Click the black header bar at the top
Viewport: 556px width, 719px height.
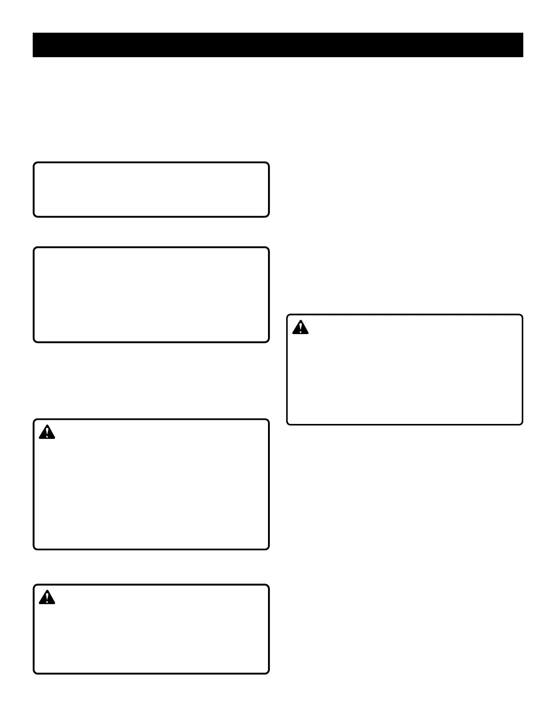[x=278, y=45]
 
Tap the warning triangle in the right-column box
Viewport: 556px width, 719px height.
[x=300, y=327]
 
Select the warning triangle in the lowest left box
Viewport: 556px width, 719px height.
[x=47, y=598]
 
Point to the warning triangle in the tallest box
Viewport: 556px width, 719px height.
[x=47, y=433]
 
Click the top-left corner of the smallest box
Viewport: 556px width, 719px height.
[x=34, y=163]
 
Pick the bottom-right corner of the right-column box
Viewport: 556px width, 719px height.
[x=522, y=424]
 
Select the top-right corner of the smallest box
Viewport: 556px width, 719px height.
[x=268, y=163]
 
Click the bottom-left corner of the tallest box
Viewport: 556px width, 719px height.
[x=34, y=549]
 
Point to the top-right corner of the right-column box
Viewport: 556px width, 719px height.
[x=522, y=315]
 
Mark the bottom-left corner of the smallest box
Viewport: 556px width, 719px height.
[x=34, y=216]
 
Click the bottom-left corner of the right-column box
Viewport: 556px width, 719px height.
[x=288, y=424]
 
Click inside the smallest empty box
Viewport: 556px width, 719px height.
[x=151, y=190]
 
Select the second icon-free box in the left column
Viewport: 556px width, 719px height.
[x=151, y=295]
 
